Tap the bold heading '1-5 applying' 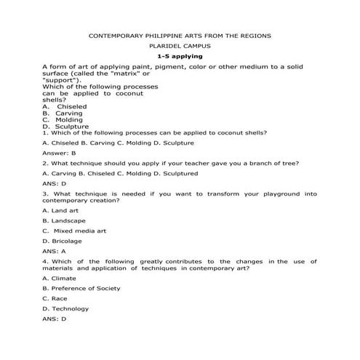tap(180, 56)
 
